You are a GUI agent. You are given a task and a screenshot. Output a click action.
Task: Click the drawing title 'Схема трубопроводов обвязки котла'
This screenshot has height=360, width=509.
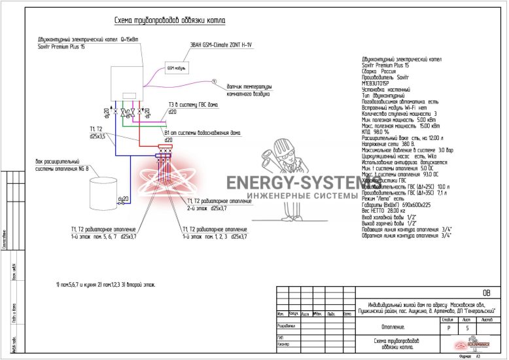click(169, 21)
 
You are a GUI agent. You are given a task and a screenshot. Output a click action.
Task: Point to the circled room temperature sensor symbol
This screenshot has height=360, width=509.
click(213, 81)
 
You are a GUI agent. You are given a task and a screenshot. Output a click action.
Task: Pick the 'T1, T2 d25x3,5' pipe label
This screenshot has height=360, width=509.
click(97, 132)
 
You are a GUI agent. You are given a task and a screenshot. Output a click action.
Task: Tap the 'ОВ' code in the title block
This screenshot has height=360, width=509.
click(485, 293)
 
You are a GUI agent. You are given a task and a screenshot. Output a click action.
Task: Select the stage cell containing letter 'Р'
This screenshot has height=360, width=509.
click(448, 329)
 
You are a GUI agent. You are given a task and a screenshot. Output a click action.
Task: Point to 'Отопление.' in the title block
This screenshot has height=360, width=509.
click(393, 327)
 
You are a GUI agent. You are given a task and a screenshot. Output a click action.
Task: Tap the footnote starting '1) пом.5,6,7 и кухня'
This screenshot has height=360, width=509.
click(105, 285)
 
